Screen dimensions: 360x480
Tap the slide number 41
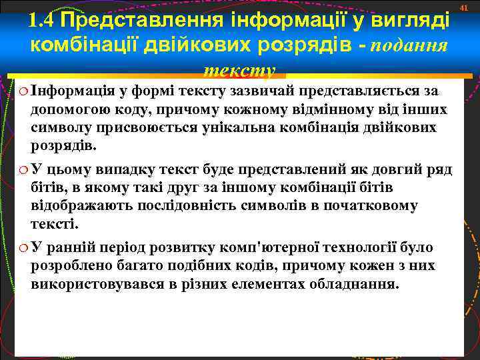click(x=466, y=7)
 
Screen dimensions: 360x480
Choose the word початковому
click(x=370, y=205)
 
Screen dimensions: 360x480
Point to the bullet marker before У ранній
click(x=23, y=249)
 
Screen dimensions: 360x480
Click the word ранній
click(x=70, y=248)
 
